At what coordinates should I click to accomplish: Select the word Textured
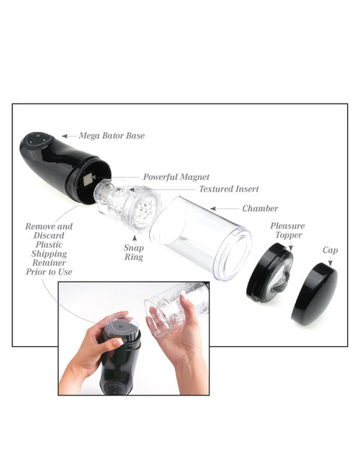[217, 189]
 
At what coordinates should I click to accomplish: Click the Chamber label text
[260, 208]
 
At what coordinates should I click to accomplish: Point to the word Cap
[330, 251]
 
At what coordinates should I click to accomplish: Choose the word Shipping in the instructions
[49, 254]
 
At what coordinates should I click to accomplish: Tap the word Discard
[49, 235]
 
